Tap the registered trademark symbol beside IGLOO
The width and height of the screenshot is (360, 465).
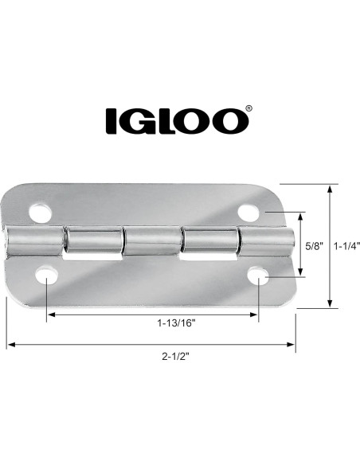249,110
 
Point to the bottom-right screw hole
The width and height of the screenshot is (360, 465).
259,276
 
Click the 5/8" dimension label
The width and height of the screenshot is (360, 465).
314,246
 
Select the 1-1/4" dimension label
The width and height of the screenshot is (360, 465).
346,246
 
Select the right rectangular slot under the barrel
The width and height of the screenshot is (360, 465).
209,259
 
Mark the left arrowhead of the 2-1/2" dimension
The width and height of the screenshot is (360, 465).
10,346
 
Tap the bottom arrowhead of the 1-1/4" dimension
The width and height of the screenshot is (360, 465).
331,303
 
